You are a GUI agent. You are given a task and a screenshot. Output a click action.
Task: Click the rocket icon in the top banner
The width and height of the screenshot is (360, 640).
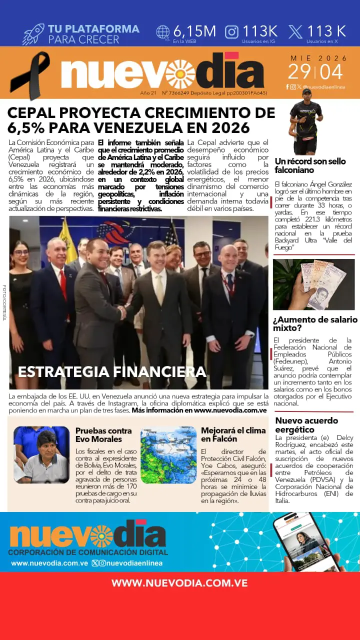pyautogui.click(x=33, y=33)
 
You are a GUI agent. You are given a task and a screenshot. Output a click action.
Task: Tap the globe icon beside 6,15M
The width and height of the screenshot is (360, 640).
pyautogui.click(x=163, y=32)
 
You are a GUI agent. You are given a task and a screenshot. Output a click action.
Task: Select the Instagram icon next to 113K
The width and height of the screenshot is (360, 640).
pyautogui.click(x=231, y=32)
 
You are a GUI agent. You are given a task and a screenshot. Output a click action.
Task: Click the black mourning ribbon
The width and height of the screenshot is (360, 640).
pyautogui.click(x=30, y=75)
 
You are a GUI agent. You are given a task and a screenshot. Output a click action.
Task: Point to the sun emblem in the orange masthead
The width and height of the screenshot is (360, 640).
pyautogui.click(x=180, y=74)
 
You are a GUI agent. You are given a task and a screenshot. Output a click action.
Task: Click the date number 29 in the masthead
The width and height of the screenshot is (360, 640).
pyautogui.click(x=299, y=72)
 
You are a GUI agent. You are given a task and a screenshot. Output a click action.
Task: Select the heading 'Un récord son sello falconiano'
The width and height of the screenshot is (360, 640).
pyautogui.click(x=310, y=165)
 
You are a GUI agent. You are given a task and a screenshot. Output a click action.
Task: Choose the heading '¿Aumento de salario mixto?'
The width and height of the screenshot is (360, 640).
pyautogui.click(x=315, y=323)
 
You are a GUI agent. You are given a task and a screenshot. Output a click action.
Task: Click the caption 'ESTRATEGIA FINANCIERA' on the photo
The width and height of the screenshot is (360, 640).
pyautogui.click(x=112, y=371)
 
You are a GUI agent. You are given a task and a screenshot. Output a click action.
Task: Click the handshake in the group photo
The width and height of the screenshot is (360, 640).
pyautogui.click(x=122, y=312)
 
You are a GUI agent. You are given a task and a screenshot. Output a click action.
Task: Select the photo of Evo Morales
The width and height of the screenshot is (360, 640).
pyautogui.click(x=41, y=454)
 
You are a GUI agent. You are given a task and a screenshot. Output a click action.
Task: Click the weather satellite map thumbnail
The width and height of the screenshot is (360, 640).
pyautogui.click(x=168, y=454)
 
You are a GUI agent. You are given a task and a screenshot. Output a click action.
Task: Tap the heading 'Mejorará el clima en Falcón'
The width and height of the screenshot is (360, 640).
pyautogui.click(x=226, y=434)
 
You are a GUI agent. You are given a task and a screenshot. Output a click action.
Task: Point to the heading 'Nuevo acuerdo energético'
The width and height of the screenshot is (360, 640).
pyautogui.click(x=306, y=425)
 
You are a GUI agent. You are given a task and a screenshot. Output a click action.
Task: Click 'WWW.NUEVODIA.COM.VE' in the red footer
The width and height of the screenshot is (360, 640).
pyautogui.click(x=179, y=583)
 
